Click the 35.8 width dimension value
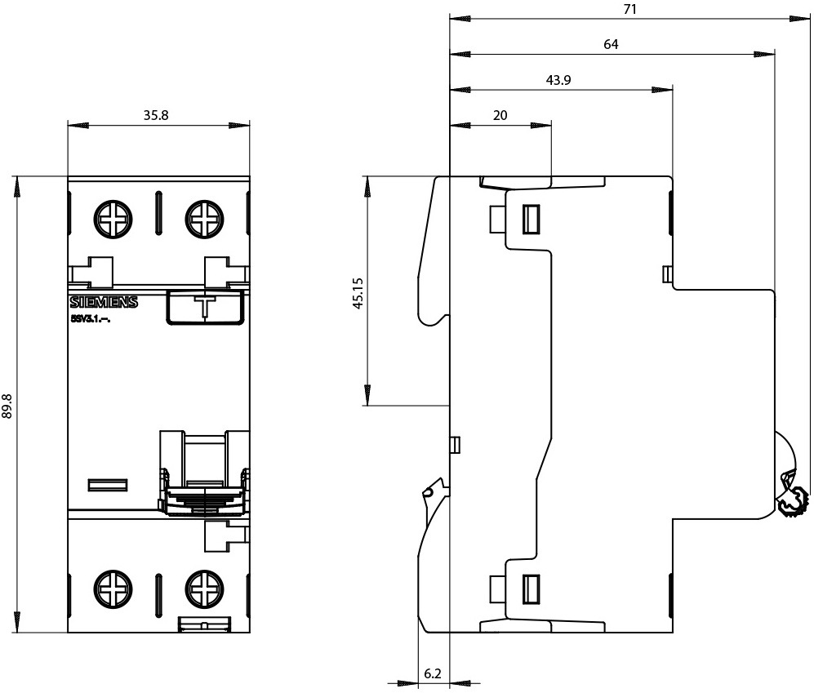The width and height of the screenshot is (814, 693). (x=156, y=115)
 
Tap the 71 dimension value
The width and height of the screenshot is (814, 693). (x=629, y=10)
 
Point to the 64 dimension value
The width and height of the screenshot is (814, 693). (x=611, y=45)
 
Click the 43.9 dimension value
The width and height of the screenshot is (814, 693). (x=558, y=79)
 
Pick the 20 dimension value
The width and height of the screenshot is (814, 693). (x=500, y=115)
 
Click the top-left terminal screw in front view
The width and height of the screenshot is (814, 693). (x=112, y=218)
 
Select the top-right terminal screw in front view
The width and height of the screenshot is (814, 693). (x=202, y=218)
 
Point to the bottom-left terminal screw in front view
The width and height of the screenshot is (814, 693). (x=112, y=587)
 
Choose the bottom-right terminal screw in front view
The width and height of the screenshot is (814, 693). (x=202, y=587)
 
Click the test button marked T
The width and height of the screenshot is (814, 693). (x=205, y=307)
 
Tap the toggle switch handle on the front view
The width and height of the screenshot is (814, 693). (x=203, y=490)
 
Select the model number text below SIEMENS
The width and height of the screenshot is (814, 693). (x=91, y=318)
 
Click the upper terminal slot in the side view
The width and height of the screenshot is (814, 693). (x=532, y=219)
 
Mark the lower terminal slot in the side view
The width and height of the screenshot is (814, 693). (x=532, y=587)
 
